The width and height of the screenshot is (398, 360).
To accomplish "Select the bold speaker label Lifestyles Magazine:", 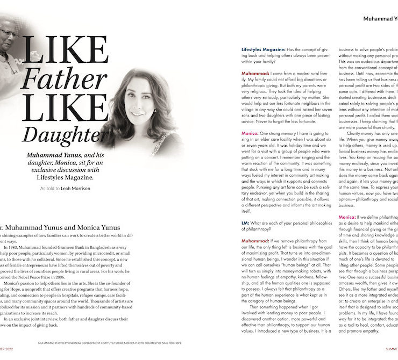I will [268, 48].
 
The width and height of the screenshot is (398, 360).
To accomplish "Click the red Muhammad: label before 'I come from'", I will [255, 72].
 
